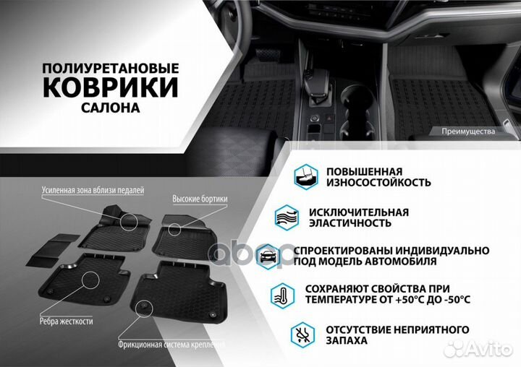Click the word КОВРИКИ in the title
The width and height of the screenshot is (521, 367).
[110, 88]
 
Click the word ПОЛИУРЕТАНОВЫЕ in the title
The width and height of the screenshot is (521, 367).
[110, 67]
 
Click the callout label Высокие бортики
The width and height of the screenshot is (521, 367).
[200, 198]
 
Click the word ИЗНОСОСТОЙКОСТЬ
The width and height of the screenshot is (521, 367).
[378, 182]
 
